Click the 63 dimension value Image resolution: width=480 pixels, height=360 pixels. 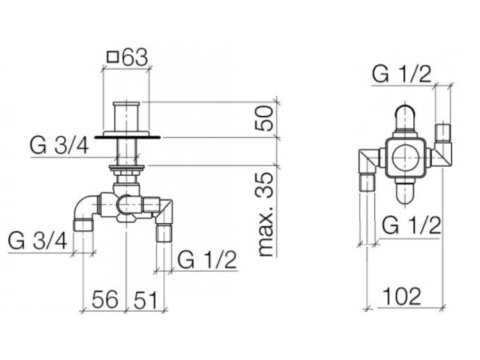point(135,57)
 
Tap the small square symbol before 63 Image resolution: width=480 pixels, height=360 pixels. point(113,57)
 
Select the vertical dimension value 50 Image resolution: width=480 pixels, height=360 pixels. point(264,118)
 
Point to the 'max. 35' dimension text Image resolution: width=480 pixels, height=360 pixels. point(264,214)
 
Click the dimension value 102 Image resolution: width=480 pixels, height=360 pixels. point(402,296)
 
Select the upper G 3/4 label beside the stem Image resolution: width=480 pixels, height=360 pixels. point(60,146)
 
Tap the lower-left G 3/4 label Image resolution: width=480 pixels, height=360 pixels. point(37,240)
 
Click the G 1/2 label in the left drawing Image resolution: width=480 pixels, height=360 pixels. point(207,260)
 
